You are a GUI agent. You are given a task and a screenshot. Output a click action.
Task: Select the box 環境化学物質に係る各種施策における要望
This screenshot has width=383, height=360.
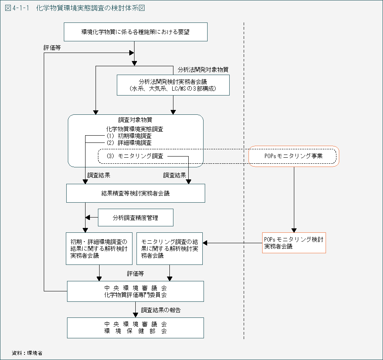[136, 32]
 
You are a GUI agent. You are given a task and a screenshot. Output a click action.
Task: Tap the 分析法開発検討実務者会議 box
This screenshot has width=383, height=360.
[173, 85]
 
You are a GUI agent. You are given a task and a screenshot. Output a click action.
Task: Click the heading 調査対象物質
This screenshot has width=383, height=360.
[135, 120]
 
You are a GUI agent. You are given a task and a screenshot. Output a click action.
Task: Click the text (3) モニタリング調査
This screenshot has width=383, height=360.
[135, 156]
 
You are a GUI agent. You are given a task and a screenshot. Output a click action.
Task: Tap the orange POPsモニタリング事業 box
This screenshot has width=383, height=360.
[294, 156]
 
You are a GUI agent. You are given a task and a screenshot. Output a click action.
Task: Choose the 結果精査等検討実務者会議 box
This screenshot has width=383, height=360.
[136, 193]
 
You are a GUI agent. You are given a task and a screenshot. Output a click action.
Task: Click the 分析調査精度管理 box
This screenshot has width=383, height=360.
[136, 218]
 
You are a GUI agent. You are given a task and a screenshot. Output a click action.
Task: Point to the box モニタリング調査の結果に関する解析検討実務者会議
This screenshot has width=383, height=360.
[169, 248]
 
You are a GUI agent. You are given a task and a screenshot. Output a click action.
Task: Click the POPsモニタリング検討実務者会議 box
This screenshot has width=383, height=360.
[293, 243]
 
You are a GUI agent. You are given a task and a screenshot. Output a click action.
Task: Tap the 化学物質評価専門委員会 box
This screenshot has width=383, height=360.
[135, 291]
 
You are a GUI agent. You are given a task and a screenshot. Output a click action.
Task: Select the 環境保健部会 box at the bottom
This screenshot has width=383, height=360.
[135, 327]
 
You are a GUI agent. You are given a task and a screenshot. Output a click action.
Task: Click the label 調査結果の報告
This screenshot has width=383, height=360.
[161, 310]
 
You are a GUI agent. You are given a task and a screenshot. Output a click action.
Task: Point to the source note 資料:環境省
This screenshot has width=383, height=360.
[27, 353]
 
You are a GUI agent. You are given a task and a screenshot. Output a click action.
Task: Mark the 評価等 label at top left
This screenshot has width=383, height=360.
[52, 47]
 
